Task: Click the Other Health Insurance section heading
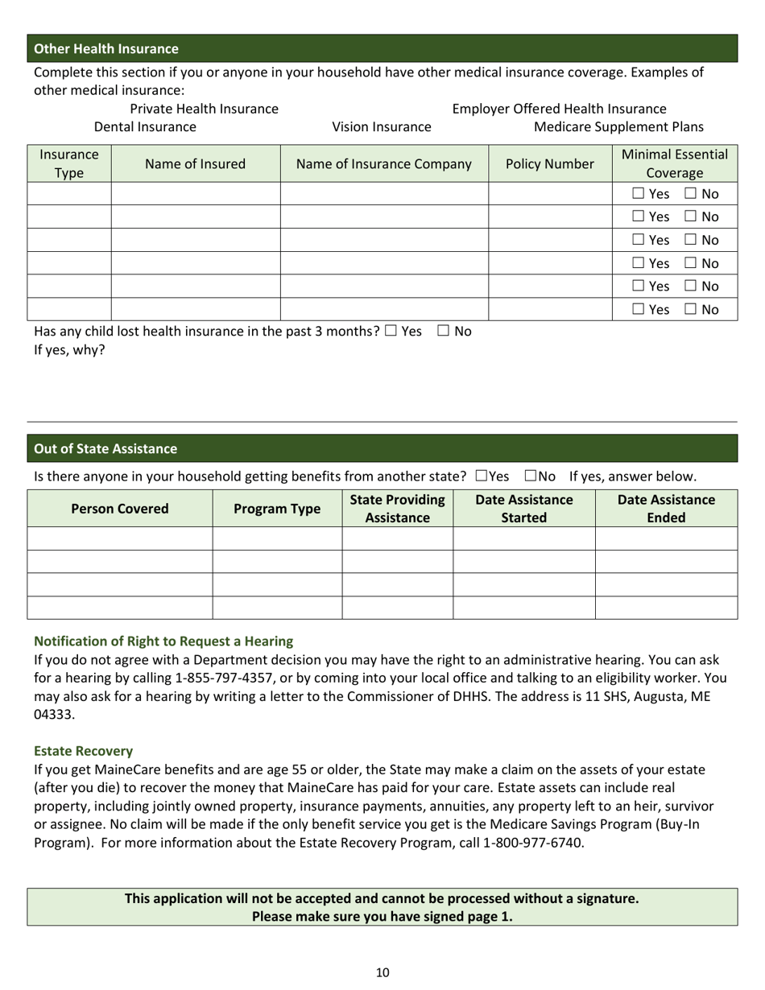106,49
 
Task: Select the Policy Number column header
550,164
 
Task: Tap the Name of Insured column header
195,164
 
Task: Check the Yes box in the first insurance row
639,194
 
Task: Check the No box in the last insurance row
692,309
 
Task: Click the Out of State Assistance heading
105,449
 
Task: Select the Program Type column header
277,509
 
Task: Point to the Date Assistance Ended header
666,509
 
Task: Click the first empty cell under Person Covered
120,538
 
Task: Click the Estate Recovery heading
83,751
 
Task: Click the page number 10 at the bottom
382,972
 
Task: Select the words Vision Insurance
382,127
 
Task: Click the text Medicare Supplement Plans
618,127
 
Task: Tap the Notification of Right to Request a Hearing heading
163,641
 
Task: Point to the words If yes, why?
69,350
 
